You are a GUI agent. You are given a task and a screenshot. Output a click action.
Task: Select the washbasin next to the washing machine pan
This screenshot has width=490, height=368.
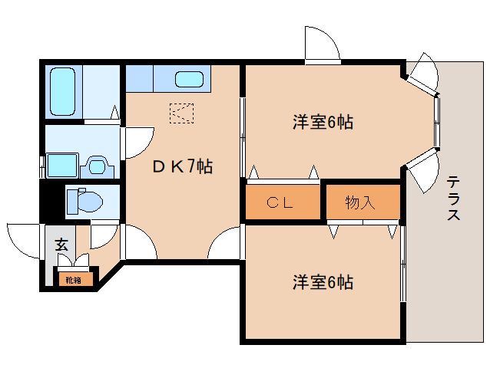pos(97,165)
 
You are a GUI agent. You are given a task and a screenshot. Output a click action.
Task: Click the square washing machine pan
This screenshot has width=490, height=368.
pos(63,165)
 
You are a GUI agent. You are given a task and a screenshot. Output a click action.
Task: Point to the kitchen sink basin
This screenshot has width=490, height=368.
pos(189,79)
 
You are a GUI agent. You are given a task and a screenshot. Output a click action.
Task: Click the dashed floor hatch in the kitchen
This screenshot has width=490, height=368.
pos(182,113)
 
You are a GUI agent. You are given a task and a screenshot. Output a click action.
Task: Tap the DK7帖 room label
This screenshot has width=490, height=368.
pos(181,166)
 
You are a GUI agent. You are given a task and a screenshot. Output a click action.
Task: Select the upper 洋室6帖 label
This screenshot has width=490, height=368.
pos(322,122)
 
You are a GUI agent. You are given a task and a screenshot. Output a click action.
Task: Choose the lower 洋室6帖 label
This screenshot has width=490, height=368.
pos(322,282)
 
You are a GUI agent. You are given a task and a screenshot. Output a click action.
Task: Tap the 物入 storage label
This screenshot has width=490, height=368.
pos(360,202)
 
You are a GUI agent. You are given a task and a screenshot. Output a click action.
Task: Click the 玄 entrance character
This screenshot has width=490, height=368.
pos(61,245)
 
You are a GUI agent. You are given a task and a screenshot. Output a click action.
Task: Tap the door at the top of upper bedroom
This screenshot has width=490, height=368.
pos(321,44)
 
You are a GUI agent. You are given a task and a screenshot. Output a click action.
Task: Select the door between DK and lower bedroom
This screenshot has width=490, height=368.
pos(227,244)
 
